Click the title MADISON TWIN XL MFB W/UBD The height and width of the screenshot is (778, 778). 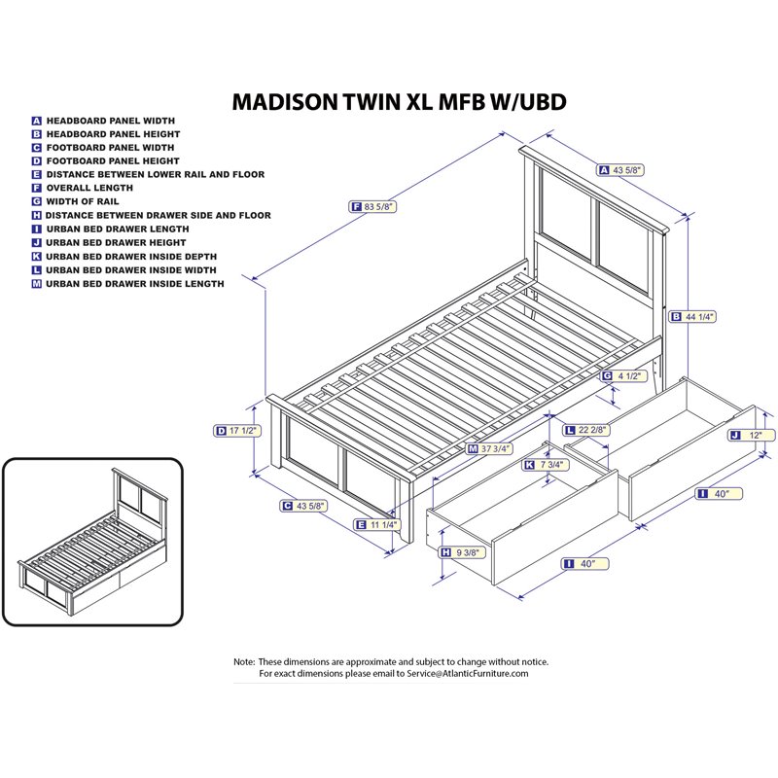point(399,102)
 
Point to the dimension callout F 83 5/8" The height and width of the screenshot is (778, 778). point(373,206)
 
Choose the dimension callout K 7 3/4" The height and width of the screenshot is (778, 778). point(544,465)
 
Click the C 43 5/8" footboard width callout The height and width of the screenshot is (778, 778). point(301,506)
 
